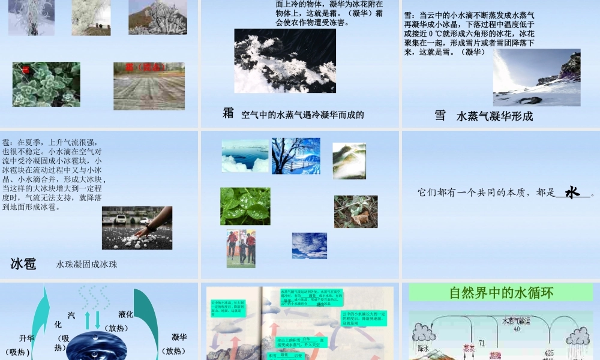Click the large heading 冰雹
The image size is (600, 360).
pos(23,263)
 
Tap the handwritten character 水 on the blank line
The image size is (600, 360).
pos(573,192)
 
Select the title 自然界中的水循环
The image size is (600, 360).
pos(501,293)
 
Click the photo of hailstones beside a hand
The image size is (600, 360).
pos(137,228)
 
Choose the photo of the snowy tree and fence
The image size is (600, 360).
pos(296,156)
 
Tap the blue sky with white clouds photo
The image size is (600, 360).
pos(309,245)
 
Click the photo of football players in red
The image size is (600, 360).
pos(241,248)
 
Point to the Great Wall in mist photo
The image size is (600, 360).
pos(349,160)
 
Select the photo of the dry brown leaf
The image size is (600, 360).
pos(356,211)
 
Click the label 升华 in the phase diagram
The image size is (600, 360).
pos(27,338)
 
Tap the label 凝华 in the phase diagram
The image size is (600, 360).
pos(179,337)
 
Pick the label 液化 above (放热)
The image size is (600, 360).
pos(126,314)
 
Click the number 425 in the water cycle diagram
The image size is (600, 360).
pos(549,353)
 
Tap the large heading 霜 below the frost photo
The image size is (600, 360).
pos(228,113)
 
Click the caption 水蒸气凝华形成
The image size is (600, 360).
pos(494,116)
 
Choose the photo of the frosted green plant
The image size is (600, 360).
pos(46,84)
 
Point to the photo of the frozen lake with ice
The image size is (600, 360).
pos(245,156)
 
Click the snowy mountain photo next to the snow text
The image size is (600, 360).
pos(536,77)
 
